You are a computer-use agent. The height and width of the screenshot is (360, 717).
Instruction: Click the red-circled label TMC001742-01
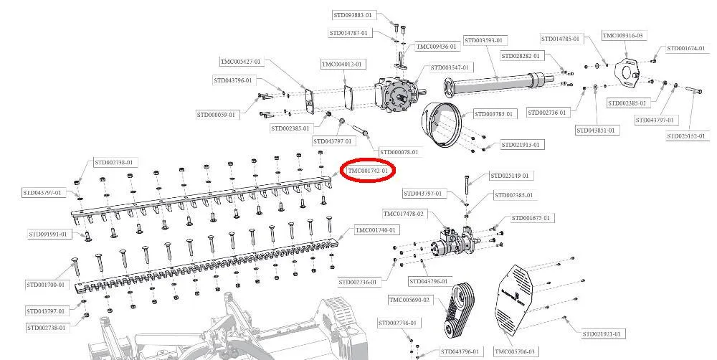[x=368, y=171]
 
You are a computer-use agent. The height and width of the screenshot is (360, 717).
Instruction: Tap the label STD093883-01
[x=353, y=14]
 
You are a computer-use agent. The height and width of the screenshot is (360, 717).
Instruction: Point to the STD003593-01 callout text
[x=485, y=40]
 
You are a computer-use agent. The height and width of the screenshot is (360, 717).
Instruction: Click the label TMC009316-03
[x=622, y=35]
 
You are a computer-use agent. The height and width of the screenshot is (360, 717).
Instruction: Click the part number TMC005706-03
[x=515, y=351]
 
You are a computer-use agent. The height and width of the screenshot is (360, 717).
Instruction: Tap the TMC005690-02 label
[x=410, y=299]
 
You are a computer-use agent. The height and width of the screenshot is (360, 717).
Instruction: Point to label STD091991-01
[x=49, y=234]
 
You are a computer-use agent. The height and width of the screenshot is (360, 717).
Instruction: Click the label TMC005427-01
[x=241, y=62]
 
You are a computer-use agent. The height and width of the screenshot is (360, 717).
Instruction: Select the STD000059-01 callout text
[x=216, y=115]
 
